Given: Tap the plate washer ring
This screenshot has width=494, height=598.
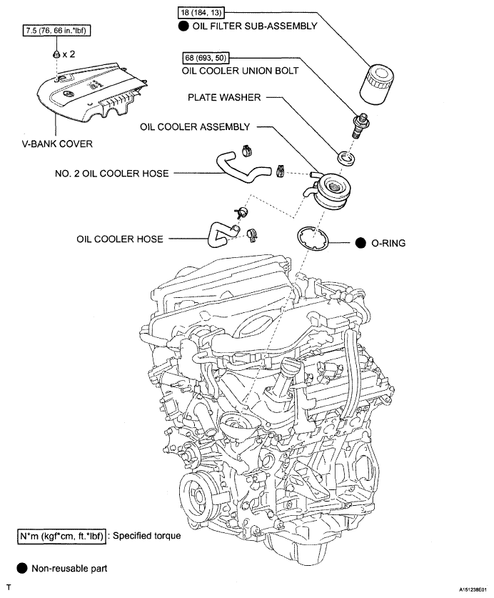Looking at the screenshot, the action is point(346,159).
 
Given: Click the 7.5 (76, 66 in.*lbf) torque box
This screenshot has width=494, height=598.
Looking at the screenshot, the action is point(56,30).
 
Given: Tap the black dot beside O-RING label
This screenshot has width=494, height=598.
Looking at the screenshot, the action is point(361,243).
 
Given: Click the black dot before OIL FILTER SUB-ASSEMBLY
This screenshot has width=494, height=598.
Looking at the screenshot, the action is point(183,26).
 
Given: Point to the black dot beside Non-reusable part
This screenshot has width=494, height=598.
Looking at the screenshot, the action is point(22,568).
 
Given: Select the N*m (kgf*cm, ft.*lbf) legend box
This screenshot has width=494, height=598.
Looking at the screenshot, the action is point(61,536).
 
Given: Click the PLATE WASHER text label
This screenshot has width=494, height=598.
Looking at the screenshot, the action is point(224,97).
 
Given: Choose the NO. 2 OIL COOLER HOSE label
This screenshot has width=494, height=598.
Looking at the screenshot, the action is point(111,174).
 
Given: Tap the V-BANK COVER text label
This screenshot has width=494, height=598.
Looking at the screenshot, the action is point(57,144).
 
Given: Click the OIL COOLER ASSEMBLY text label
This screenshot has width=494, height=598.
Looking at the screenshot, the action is point(195,126).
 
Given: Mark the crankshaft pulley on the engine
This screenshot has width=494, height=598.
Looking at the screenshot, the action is point(197,495).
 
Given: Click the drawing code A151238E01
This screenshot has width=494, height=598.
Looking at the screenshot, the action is point(473,589).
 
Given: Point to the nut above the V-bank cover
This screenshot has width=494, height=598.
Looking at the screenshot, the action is point(56,54).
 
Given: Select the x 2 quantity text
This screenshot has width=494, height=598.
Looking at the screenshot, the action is point(69,54).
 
